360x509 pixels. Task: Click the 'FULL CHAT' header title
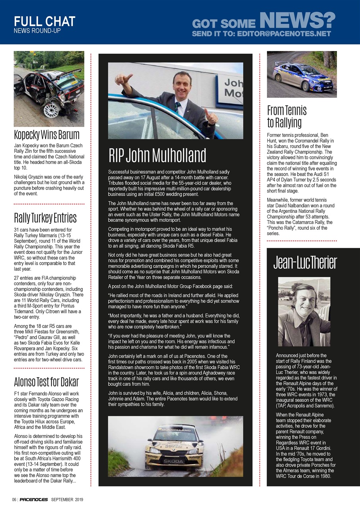[44, 21]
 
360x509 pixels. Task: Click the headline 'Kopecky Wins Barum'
[47, 134]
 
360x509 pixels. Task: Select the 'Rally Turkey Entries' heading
[45, 218]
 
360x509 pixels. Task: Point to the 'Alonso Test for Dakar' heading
[46, 382]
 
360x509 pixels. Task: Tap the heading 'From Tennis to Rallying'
[287, 116]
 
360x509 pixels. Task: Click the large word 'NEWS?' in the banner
[297, 20]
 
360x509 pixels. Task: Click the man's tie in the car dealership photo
[178, 107]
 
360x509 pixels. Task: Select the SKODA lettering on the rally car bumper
[174, 461]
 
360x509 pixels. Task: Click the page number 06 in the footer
[14, 499]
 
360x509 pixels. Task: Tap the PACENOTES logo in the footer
[34, 499]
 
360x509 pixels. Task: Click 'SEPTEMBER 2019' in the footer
[67, 499]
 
